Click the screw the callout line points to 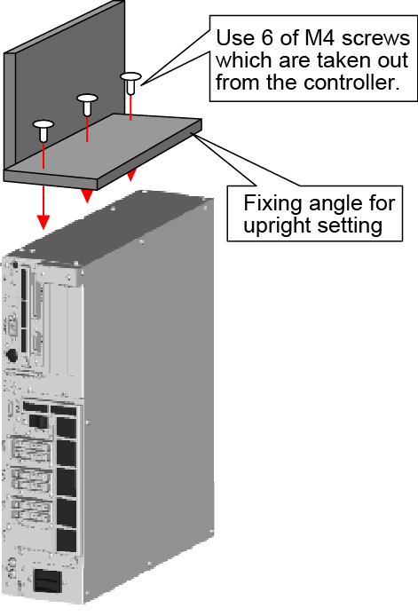click(130, 83)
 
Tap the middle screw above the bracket click(87, 104)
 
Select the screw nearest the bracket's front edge click(43, 130)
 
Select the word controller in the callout click(351, 83)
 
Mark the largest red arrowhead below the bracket click(43, 222)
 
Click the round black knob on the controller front click(12, 355)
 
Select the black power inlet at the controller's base click(48, 580)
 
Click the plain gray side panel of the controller click(149, 400)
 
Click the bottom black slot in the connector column click(67, 540)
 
